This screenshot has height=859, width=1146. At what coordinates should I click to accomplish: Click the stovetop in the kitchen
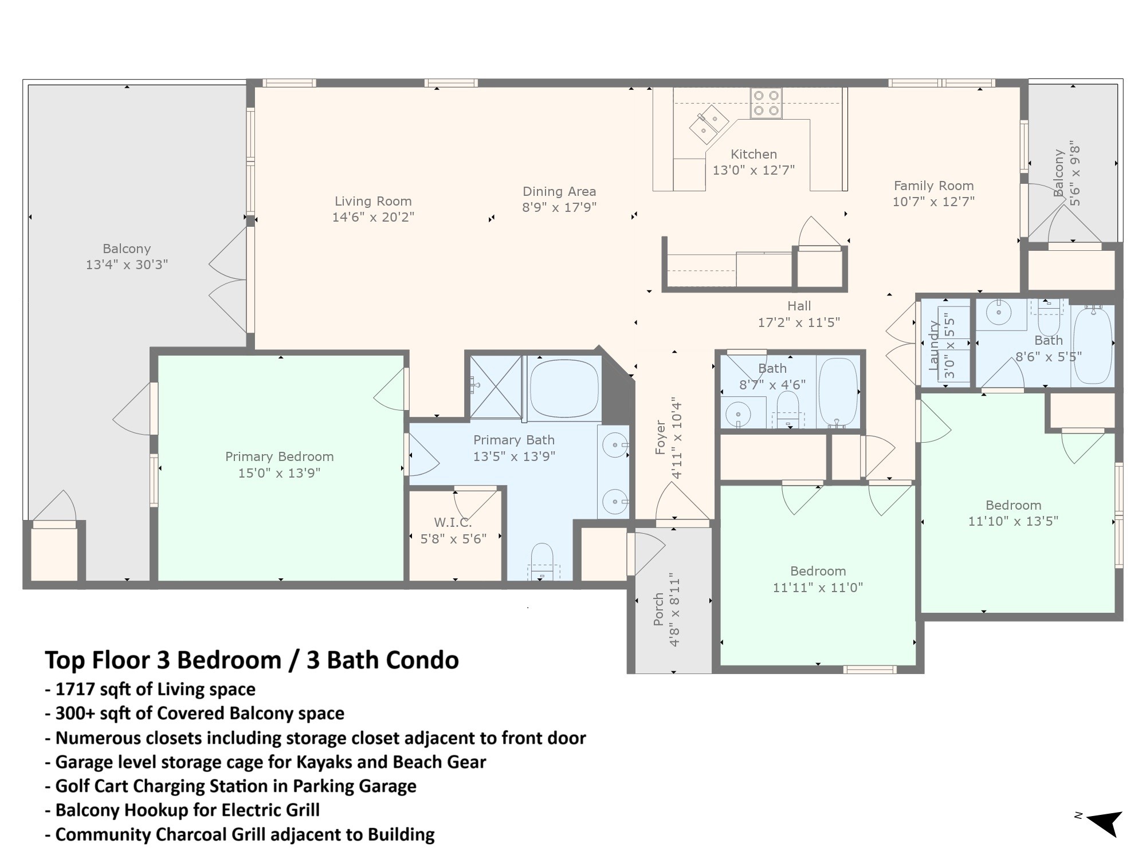766,103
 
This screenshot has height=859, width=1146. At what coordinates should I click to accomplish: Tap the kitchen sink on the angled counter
709,124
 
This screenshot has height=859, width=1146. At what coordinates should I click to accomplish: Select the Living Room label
373,202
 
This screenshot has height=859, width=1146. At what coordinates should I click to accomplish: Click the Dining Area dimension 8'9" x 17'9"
559,207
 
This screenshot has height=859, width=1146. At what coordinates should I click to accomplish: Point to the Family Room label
934,186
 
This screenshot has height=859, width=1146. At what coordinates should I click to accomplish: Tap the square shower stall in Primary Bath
496,387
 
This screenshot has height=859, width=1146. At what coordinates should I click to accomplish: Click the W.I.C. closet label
453,523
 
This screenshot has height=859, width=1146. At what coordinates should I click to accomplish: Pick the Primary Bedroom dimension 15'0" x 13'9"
279,473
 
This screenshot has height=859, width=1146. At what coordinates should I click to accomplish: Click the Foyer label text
661,438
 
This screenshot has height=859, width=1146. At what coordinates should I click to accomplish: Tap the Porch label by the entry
658,609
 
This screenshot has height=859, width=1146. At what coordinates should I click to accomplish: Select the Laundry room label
935,345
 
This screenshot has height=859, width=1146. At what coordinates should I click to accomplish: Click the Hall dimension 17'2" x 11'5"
799,322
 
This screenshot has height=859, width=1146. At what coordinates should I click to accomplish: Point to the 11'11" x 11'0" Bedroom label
818,579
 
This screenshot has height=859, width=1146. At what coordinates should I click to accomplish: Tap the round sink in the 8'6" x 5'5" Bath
999,313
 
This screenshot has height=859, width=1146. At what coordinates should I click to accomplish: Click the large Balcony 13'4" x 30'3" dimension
127,265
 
